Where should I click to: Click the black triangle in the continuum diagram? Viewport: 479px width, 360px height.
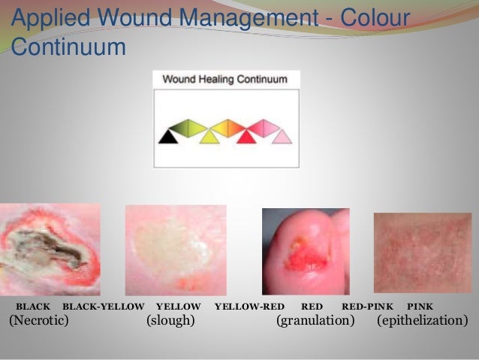pos(168,137)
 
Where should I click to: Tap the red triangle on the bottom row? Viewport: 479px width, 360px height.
pos(246,136)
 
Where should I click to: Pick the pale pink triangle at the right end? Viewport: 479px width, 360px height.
pos(281,137)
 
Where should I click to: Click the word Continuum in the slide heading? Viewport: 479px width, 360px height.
pos(68,48)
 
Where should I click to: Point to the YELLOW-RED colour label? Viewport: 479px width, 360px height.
pos(249,307)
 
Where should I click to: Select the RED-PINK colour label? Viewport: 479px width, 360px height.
pos(367,307)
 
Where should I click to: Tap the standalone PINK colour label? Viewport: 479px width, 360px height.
pos(420,307)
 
